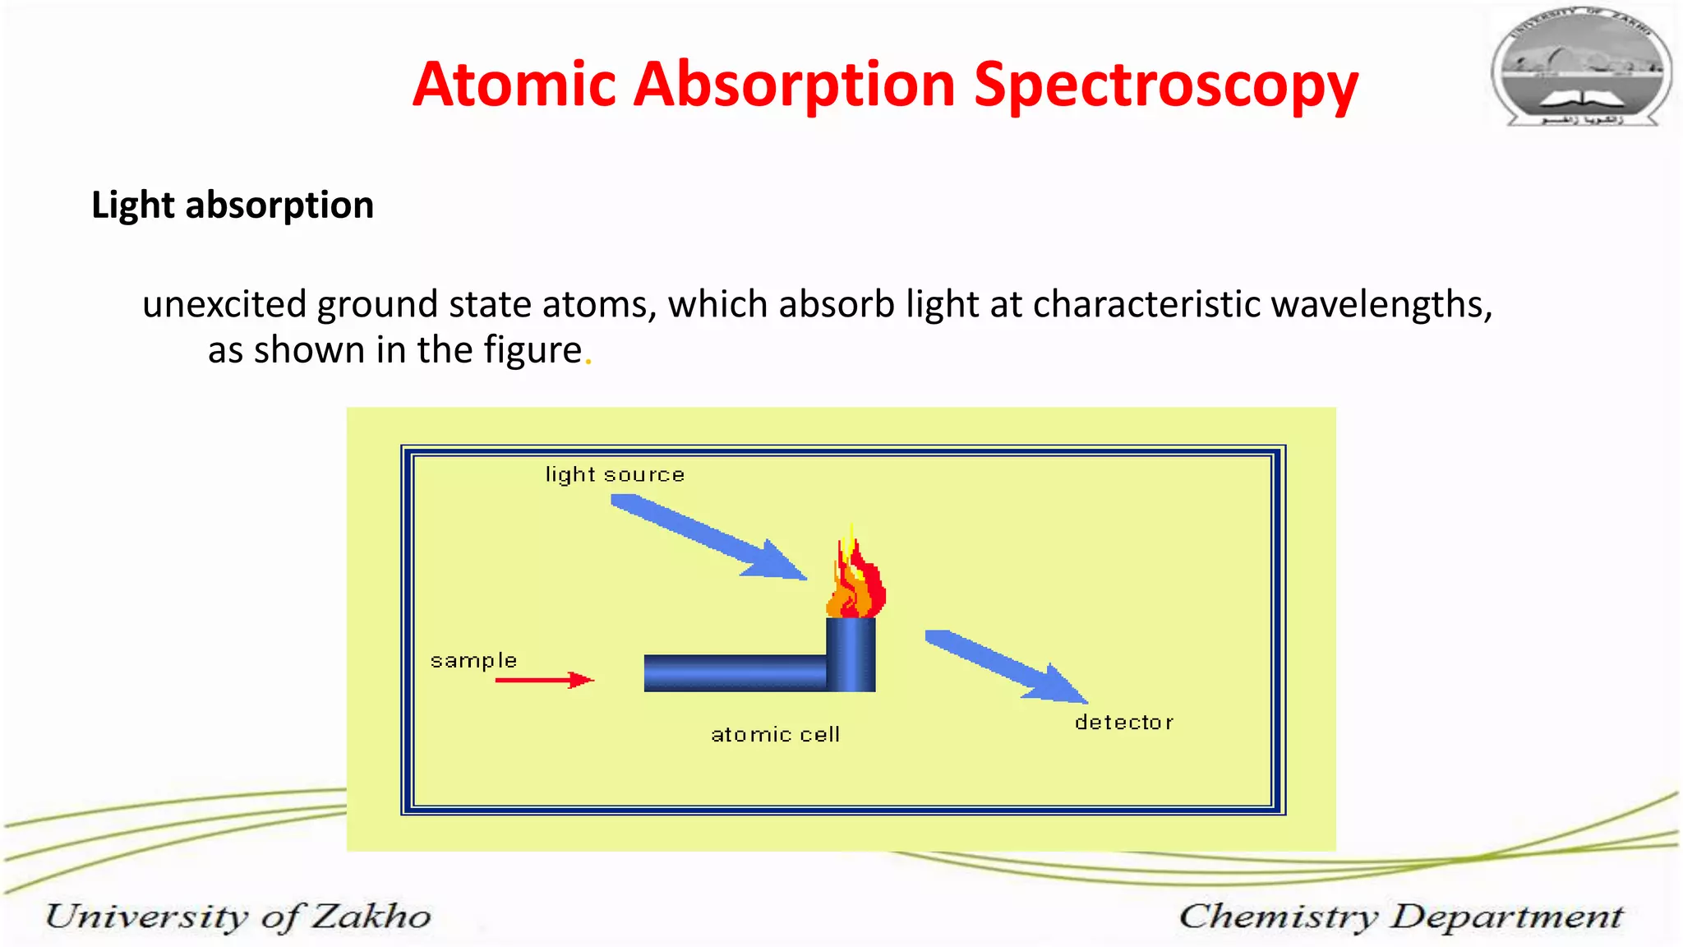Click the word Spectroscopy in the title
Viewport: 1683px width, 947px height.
(x=1165, y=85)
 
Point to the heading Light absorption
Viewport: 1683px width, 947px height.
(x=233, y=205)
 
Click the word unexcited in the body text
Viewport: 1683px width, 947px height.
(x=224, y=304)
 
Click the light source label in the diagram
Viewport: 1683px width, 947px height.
(x=615, y=474)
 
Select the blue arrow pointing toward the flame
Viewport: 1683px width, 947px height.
(x=707, y=536)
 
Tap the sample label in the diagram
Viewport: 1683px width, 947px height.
(x=473, y=660)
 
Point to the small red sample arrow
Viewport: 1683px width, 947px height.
(x=544, y=680)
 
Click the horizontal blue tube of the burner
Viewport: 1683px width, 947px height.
(x=734, y=672)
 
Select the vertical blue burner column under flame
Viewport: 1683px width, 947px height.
(x=851, y=654)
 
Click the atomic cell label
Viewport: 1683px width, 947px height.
(x=775, y=734)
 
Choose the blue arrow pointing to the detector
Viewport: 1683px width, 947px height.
(x=1006, y=666)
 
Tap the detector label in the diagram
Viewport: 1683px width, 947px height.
(x=1123, y=723)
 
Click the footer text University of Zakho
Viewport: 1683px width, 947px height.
(x=238, y=917)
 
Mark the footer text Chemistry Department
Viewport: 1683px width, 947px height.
(x=1401, y=917)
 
